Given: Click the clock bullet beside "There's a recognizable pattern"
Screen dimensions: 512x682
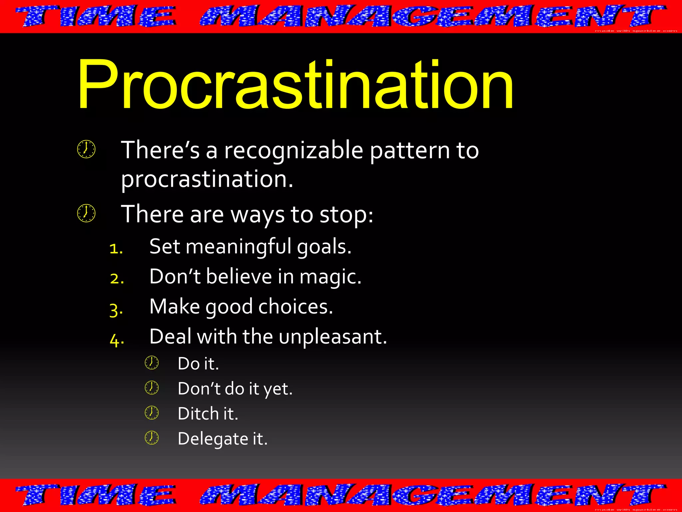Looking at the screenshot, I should (x=86, y=149).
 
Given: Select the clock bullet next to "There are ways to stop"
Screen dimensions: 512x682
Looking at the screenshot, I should (x=86, y=213).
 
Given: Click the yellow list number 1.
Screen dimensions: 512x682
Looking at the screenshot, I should (x=116, y=249).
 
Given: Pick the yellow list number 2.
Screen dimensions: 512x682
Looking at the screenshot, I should (x=117, y=279).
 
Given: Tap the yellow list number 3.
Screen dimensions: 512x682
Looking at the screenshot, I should (x=116, y=310).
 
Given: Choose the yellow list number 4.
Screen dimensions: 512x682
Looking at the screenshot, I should (x=117, y=340).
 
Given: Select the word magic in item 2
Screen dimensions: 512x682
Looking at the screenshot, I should (x=330, y=277).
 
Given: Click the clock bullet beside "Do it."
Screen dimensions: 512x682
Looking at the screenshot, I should (x=152, y=363).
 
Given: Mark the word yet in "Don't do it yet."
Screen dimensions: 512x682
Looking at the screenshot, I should (x=278, y=389).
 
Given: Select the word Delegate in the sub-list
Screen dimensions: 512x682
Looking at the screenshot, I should (x=213, y=439).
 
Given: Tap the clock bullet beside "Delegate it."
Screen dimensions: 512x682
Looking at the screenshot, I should (x=152, y=438).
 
